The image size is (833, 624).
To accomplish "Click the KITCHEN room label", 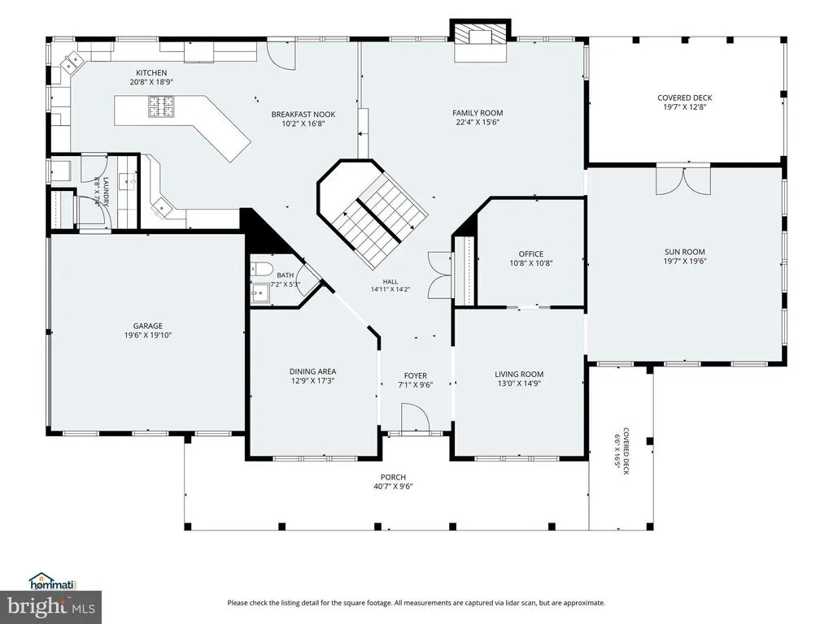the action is tap(151, 72).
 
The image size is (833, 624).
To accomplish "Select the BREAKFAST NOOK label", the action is tap(303, 114).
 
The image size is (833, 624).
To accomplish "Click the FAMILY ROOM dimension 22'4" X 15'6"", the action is tap(478, 123).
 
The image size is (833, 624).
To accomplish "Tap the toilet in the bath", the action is tap(261, 269).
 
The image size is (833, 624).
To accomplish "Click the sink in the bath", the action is tap(260, 292).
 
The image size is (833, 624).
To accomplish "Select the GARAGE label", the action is tap(148, 326).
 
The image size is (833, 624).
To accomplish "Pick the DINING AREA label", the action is tap(312, 371).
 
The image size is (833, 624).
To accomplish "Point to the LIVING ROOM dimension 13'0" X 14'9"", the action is tap(519, 383).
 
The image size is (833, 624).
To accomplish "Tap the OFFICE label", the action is tap(531, 253).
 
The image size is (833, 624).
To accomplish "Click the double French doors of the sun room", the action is tap(683, 180).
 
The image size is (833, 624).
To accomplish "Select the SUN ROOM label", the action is tap(685, 252).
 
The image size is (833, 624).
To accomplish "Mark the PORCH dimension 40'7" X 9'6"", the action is tap(393, 487).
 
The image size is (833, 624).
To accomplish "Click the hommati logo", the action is tap(52, 582).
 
